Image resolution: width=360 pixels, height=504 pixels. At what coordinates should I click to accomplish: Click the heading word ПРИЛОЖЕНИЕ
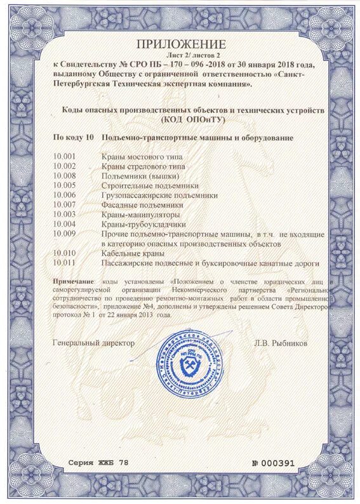pyautogui.click(x=180, y=44)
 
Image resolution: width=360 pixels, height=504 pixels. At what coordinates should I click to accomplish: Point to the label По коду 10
pyautogui.click(x=73, y=137)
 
